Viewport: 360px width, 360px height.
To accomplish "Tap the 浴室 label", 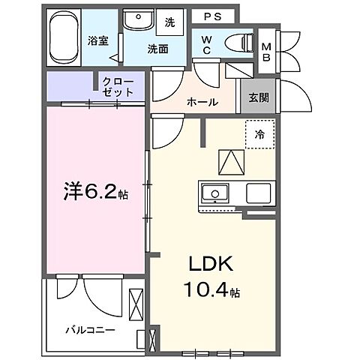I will (x=98, y=40).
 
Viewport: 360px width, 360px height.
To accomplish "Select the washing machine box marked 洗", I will (x=169, y=22).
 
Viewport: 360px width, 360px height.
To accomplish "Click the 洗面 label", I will (x=157, y=49).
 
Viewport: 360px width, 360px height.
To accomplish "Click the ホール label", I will (x=202, y=102).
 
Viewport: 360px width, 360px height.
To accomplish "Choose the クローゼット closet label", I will (x=118, y=86).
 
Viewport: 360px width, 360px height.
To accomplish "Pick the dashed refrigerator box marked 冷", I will (x=259, y=135).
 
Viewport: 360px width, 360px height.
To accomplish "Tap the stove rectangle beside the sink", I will (x=259, y=192).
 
